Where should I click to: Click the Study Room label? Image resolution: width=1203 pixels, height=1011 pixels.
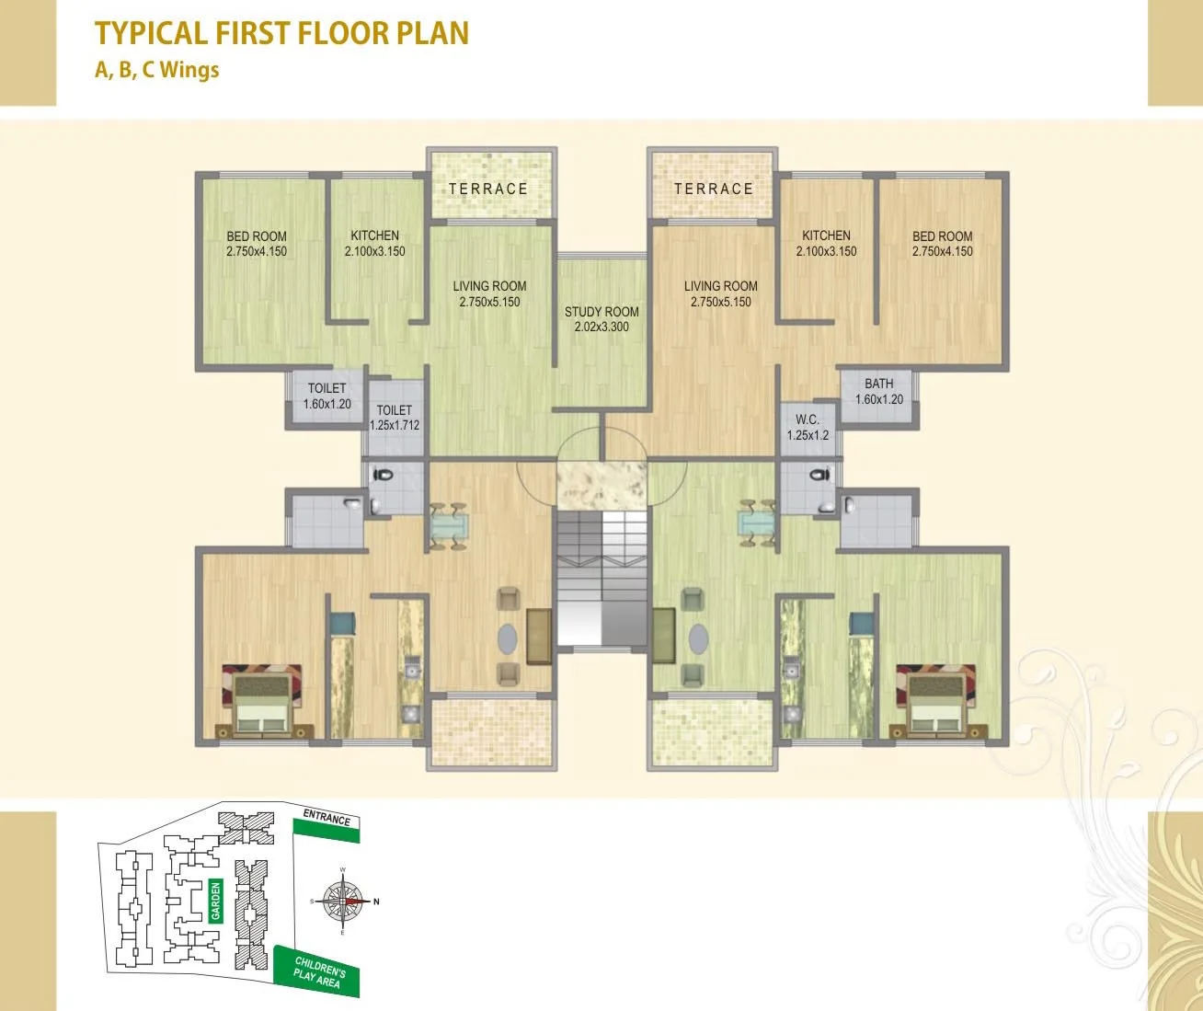(601, 319)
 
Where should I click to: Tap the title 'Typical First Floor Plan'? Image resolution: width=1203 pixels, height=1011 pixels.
(281, 33)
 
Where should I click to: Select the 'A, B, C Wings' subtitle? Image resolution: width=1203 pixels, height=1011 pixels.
(157, 70)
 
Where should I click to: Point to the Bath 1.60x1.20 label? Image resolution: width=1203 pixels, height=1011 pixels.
(879, 392)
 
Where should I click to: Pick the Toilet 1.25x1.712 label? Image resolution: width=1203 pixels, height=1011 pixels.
(395, 418)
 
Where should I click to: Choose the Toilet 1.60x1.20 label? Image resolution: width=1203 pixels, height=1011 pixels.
(327, 396)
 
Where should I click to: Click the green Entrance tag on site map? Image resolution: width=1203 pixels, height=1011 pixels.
(327, 821)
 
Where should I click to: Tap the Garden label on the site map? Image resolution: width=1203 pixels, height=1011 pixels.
(216, 901)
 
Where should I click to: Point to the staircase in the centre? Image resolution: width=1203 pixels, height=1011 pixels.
(601, 580)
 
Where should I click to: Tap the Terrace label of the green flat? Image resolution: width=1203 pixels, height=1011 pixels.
(488, 190)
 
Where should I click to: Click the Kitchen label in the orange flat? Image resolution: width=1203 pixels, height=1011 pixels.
(826, 244)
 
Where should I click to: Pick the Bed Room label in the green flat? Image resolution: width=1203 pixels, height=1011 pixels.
(257, 244)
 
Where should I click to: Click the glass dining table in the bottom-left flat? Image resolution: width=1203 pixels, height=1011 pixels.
(449, 527)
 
